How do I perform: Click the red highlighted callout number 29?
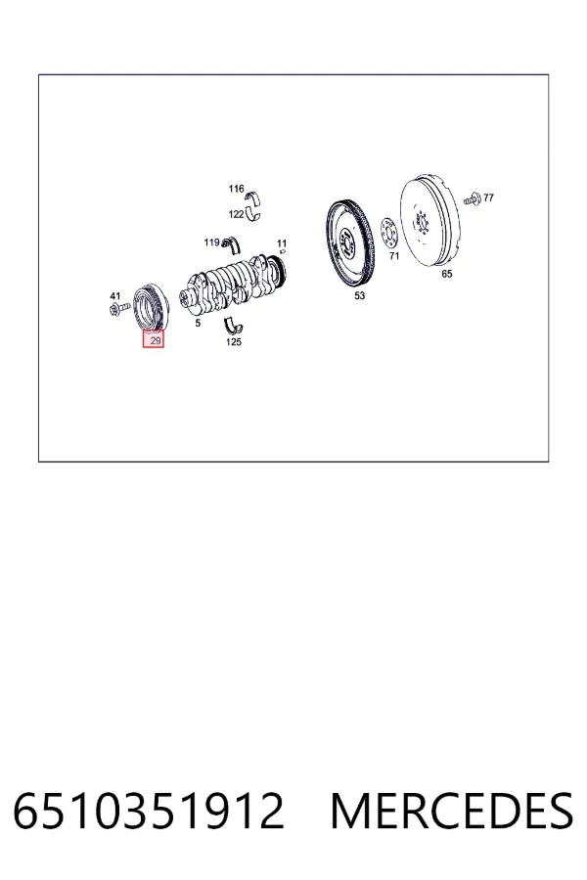coord(154,339)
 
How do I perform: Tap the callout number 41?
coord(115,295)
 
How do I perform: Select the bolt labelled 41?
coord(118,308)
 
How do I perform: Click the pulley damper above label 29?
coord(150,308)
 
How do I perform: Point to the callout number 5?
coord(198,324)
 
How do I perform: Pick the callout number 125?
coord(234,342)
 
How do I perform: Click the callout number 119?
coord(211,242)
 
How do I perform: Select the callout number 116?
coord(236,189)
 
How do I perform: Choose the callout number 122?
coord(236,214)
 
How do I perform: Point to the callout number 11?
coord(282,243)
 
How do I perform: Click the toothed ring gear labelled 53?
coord(349,243)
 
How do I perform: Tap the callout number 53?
coord(359,295)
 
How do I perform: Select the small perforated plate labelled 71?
coord(388,233)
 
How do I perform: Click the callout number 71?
coord(394,256)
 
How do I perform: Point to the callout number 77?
coord(489,198)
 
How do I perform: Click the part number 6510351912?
coord(149,811)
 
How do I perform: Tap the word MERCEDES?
coord(452,811)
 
